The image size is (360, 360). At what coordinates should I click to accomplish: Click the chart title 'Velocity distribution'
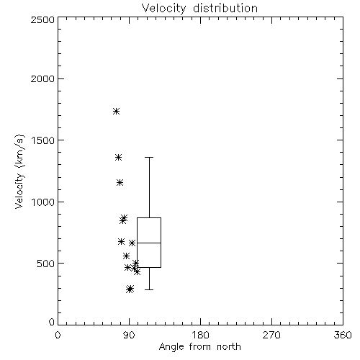coord(199,9)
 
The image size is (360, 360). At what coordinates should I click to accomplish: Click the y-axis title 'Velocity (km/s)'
coord(19,171)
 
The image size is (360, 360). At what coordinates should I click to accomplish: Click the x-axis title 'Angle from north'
coord(200,346)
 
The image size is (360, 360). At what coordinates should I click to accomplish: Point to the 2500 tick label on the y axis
coord(42,19)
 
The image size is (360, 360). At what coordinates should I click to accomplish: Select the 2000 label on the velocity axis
coord(42,78)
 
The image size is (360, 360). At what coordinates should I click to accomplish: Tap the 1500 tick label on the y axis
coord(42,140)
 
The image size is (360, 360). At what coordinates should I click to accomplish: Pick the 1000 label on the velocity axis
coord(42,202)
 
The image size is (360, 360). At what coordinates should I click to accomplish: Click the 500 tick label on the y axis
coord(45,264)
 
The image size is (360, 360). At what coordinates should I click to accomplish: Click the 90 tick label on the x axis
coord(129,335)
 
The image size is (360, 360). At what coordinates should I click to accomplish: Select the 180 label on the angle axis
coord(200,335)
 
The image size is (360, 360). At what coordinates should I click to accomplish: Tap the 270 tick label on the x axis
coord(271,335)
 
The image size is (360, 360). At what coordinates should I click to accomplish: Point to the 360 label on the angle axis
coord(343,335)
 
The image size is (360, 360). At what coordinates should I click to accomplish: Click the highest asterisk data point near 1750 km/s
coord(117,111)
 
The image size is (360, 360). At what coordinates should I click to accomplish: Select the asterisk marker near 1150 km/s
coord(120,183)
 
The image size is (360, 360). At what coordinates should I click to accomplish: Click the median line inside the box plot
coord(149,243)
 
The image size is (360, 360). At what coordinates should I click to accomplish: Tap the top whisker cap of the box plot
coord(149,158)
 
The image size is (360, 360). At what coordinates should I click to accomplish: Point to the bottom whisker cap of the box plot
coord(149,289)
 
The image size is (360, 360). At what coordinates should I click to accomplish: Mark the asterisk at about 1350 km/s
coord(118,158)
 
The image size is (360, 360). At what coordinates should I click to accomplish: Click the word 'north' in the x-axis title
coord(229,346)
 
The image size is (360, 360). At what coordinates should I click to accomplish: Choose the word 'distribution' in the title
coord(225,9)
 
